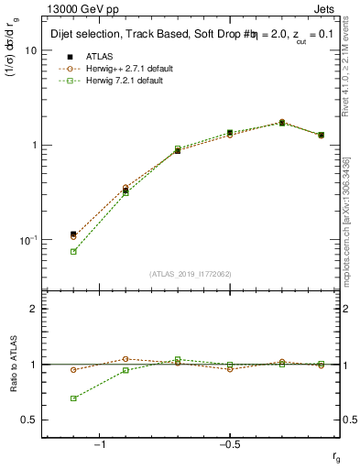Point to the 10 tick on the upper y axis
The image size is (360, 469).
(30, 50)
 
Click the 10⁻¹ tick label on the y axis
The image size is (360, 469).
(27, 240)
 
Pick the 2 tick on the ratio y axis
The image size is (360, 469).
(33, 309)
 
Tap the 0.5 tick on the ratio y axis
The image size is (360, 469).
(29, 420)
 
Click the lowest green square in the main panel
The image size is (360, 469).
(73, 251)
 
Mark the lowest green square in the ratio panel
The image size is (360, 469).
(73, 398)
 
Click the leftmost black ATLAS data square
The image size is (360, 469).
(73, 234)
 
